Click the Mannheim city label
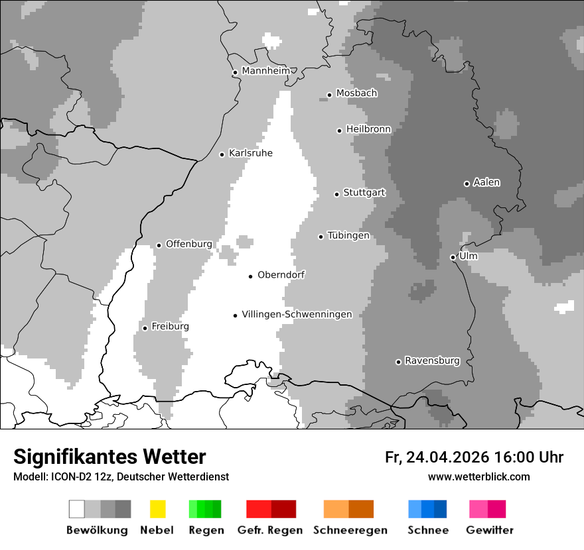pyautogui.click(x=265, y=71)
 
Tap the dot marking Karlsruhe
pyautogui.click(x=222, y=154)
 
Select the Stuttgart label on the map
pyautogui.click(x=364, y=193)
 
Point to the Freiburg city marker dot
pyautogui.click(x=145, y=328)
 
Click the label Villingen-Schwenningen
pyautogui.click(x=297, y=315)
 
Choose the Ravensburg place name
pyautogui.click(x=432, y=361)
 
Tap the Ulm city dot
pyautogui.click(x=453, y=257)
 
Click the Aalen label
pyautogui.click(x=486, y=182)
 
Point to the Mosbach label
pyautogui.click(x=356, y=93)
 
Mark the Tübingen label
pyautogui.click(x=348, y=236)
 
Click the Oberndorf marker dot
pyautogui.click(x=250, y=276)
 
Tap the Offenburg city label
pyautogui.click(x=189, y=244)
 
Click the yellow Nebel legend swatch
pyautogui.click(x=157, y=509)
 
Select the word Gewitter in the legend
pyautogui.click(x=490, y=530)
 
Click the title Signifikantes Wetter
pyautogui.click(x=110, y=457)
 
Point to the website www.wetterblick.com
pyautogui.click(x=478, y=476)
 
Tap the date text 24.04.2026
pyautogui.click(x=447, y=457)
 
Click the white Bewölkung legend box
pyautogui.click(x=76, y=509)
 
